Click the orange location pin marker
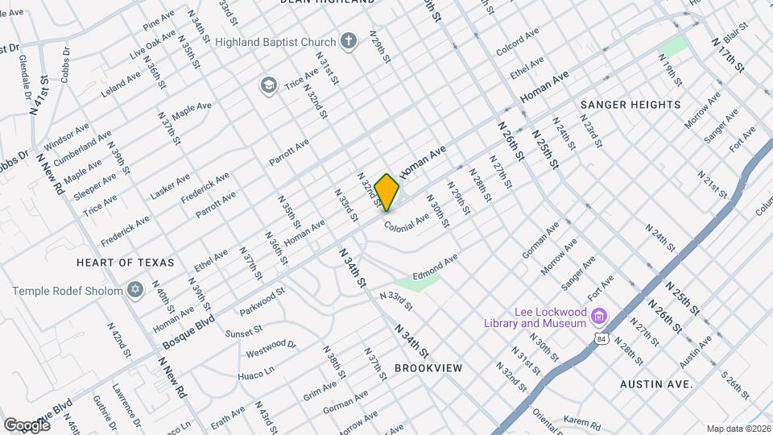pos(387,192)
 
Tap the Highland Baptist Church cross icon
pos(349,41)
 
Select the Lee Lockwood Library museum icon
pos(598,314)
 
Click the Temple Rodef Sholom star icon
pos(135,289)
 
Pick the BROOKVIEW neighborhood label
pos(428,368)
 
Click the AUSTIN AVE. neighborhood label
pos(656,384)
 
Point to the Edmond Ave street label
pos(436,267)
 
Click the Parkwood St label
pos(262,301)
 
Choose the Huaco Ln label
pos(257,374)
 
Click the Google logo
pos(27,425)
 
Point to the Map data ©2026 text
pos(738,429)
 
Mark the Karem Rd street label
pos(583,424)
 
